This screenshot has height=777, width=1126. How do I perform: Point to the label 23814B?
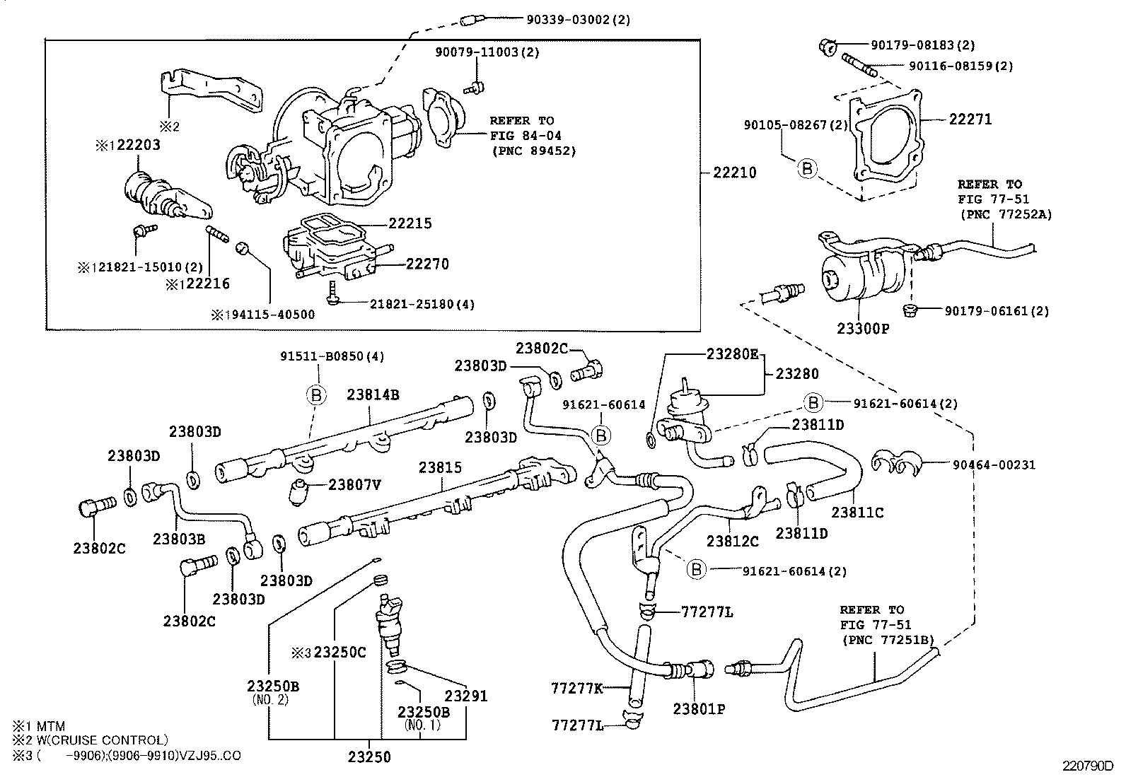[x=373, y=395]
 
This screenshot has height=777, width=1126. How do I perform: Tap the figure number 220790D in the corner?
[x=1086, y=766]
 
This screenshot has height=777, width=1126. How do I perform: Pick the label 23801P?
[x=699, y=708]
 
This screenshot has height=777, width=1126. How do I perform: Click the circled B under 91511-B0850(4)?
[x=316, y=395]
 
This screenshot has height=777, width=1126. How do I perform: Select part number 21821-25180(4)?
[x=422, y=304]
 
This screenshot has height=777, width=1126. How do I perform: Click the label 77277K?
[x=576, y=687]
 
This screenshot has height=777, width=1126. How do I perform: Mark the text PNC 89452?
[x=534, y=151]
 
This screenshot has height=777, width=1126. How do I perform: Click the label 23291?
[x=465, y=696]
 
